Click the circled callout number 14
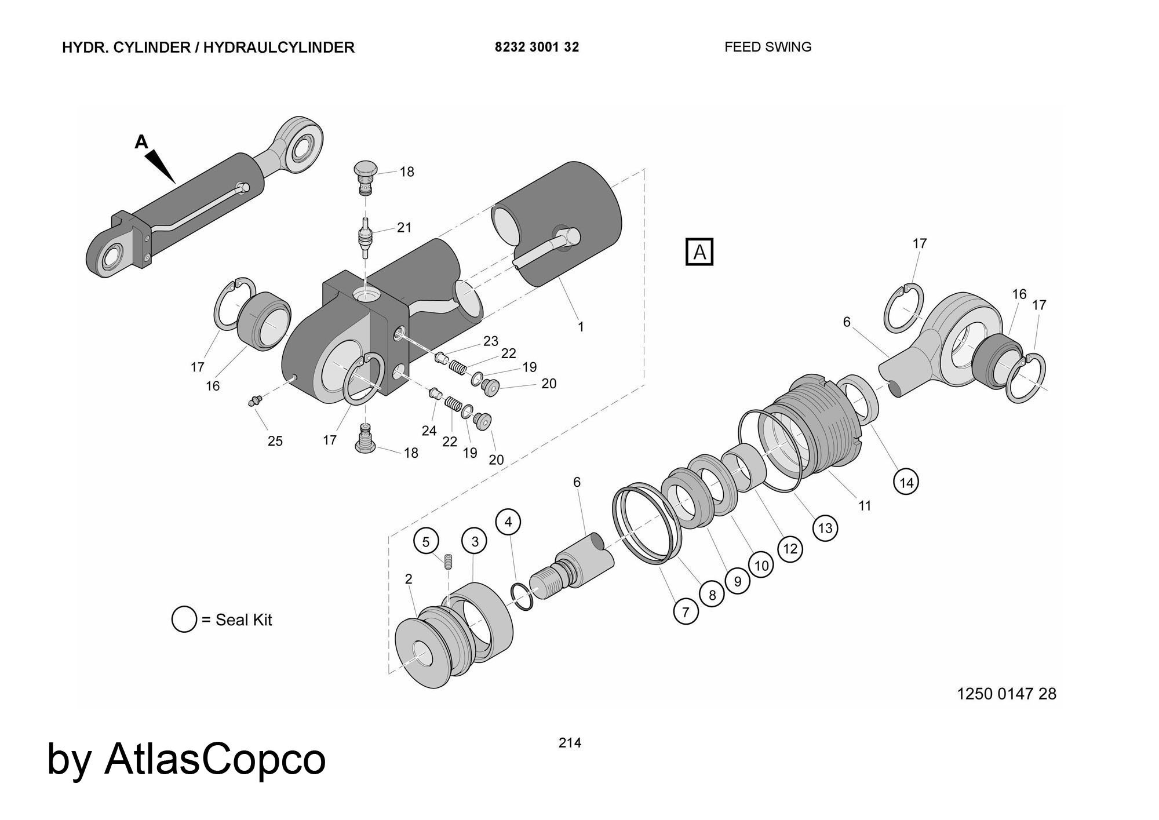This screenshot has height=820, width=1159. (906, 482)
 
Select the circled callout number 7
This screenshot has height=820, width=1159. (686, 612)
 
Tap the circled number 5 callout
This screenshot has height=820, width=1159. (426, 542)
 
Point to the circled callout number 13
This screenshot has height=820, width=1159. (825, 528)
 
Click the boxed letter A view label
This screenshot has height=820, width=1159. (699, 252)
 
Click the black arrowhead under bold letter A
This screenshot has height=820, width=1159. (161, 166)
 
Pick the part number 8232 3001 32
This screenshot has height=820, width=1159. (537, 47)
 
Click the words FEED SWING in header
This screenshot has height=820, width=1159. (768, 47)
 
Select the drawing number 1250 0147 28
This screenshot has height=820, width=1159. (1007, 694)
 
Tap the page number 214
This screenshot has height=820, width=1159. (570, 742)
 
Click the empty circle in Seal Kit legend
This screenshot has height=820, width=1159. (184, 619)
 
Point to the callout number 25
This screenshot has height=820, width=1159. (275, 441)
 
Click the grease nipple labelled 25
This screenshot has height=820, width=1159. (254, 401)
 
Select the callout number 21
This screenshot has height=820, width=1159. (404, 227)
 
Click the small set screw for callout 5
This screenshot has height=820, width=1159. (449, 561)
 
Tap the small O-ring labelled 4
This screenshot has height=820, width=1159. (522, 596)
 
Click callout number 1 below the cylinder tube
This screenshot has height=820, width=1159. (581, 327)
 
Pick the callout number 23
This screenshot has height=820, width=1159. (491, 341)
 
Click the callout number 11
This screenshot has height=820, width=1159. (865, 506)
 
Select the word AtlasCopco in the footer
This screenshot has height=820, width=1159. (215, 759)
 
